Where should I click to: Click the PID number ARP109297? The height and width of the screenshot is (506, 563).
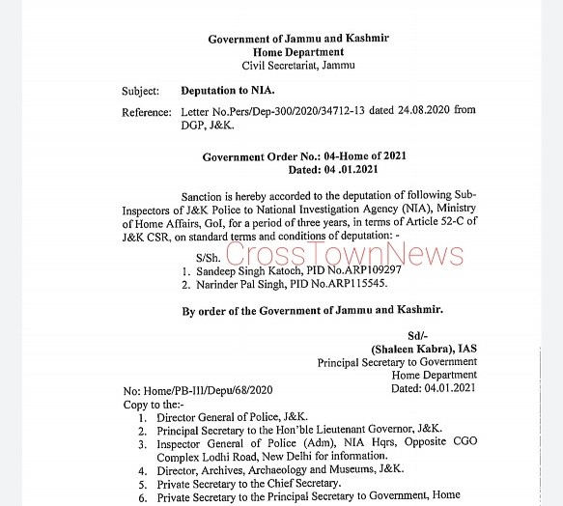(369, 270)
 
